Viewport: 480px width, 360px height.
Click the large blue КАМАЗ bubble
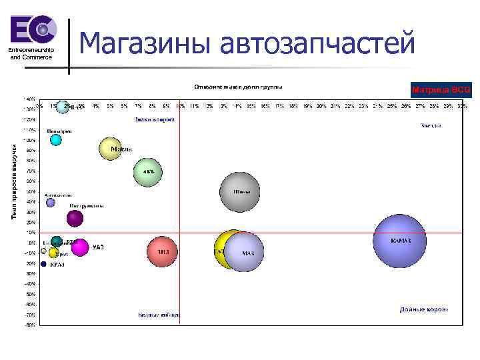[x=399, y=241]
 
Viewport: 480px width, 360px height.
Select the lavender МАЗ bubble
[x=244, y=252]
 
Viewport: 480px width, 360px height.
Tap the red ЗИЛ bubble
[x=162, y=251]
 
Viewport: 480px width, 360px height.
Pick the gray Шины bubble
[x=240, y=192]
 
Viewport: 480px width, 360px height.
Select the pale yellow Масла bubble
[x=111, y=149]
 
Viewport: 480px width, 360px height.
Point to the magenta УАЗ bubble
[x=80, y=247]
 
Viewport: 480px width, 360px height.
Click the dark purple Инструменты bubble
[x=75, y=217]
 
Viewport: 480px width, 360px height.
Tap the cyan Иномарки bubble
[x=56, y=140]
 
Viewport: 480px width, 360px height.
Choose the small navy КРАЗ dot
[x=43, y=264]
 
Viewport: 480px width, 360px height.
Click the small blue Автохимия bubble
[x=51, y=203]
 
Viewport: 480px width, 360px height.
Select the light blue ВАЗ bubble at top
[x=63, y=107]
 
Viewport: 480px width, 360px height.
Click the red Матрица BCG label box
[x=441, y=89]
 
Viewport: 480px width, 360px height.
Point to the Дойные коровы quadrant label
[x=424, y=309]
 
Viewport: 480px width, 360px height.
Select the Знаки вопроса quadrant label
[x=154, y=120]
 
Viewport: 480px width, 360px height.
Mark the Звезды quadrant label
[x=430, y=125]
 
